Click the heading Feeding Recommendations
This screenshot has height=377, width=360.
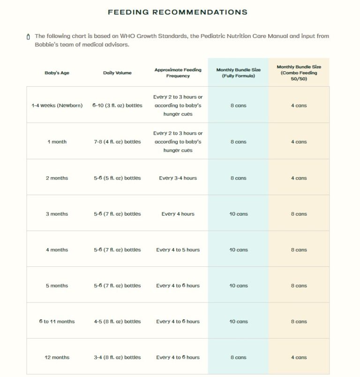[178, 12]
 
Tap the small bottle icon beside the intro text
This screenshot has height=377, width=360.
[29, 37]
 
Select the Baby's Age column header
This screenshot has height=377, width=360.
[57, 73]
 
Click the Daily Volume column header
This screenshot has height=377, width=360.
[117, 73]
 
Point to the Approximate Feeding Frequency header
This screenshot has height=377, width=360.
[178, 73]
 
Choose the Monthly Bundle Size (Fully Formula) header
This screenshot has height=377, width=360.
[238, 73]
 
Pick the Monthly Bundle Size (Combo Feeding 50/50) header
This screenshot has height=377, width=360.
[299, 73]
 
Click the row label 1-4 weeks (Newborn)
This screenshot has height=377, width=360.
[57, 106]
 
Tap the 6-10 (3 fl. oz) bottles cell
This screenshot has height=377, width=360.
[117, 106]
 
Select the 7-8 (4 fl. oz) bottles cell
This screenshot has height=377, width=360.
[117, 142]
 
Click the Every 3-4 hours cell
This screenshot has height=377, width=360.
[178, 178]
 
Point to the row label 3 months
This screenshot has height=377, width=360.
[57, 214]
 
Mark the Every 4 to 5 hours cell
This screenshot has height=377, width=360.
[178, 250]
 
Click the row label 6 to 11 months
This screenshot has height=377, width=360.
[57, 322]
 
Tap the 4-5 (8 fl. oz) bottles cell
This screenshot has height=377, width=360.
[117, 322]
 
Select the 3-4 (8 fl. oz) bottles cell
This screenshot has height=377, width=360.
[117, 357]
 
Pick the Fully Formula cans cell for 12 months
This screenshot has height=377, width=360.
[238, 357]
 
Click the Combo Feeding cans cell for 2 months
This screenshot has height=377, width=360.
[299, 178]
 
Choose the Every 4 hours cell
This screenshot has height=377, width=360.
[178, 214]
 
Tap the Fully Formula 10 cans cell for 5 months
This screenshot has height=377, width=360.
[238, 286]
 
